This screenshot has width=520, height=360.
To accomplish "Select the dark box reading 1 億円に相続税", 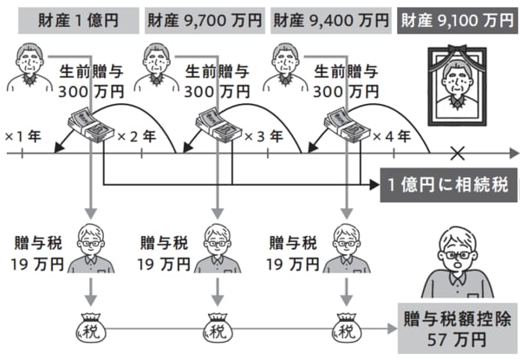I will (449, 186).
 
